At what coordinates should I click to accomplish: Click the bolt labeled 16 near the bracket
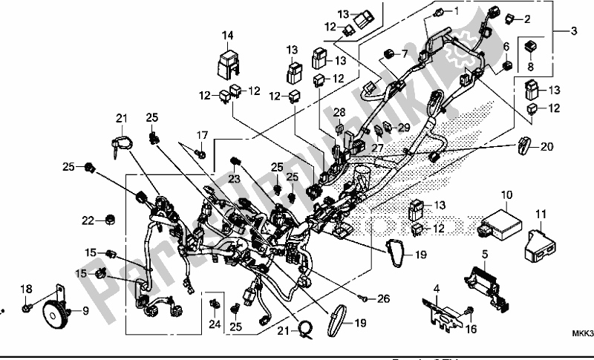click(x=469, y=310)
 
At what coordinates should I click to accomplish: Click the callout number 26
click(x=383, y=299)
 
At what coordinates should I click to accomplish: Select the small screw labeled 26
click(x=365, y=298)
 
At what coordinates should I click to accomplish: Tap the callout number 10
click(x=506, y=195)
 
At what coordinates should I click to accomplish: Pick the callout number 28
click(x=340, y=111)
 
